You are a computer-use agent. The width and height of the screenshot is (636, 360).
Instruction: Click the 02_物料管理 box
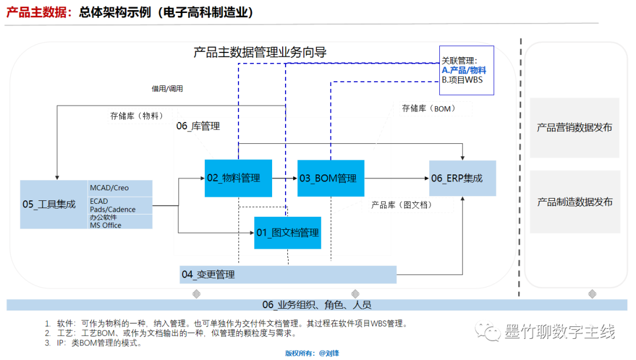point(238,178)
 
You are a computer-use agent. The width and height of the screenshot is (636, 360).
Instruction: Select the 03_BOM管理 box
point(330,178)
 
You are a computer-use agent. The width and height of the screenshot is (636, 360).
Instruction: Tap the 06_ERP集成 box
point(462,178)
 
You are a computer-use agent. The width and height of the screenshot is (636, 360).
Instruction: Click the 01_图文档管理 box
point(288,233)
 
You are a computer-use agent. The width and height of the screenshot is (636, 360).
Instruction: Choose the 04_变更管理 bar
point(287,275)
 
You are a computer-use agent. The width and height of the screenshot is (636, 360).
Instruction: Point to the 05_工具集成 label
point(49,204)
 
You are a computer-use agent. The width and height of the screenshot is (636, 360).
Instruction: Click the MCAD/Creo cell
point(120,188)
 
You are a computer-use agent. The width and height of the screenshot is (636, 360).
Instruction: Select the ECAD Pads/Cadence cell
point(120,205)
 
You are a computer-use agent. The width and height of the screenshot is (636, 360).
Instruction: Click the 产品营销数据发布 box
point(574,128)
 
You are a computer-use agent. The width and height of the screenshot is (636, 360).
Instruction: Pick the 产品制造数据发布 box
point(574,202)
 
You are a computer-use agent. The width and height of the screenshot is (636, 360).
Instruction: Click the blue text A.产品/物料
point(463,70)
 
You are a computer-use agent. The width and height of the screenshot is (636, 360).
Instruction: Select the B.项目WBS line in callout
point(462,80)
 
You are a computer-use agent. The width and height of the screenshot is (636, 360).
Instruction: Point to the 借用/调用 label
point(167,89)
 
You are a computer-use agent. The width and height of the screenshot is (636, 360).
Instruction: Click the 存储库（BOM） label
point(429,108)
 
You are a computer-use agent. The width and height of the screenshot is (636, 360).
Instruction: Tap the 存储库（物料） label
point(137,116)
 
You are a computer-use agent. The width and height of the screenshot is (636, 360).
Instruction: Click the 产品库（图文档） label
point(402,205)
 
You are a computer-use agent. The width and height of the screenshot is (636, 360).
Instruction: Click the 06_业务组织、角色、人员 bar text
point(317,305)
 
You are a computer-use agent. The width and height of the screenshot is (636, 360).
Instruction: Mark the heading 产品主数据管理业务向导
point(260,52)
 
